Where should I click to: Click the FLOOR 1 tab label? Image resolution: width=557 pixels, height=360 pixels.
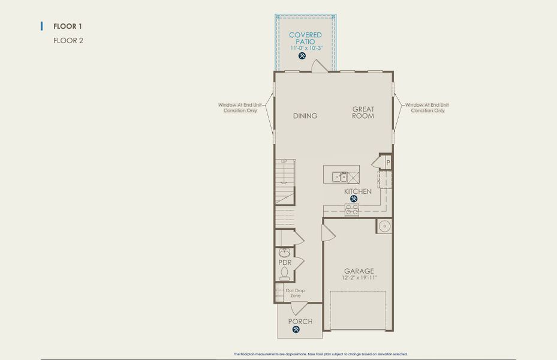click(67, 26)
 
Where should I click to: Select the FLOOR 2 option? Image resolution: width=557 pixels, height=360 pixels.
click(68, 41)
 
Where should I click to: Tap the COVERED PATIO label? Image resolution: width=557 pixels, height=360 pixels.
click(305, 38)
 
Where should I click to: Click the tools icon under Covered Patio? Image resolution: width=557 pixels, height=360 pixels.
click(302, 56)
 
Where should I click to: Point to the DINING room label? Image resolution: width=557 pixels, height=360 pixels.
click(305, 116)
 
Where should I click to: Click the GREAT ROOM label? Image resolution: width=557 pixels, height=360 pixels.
click(363, 112)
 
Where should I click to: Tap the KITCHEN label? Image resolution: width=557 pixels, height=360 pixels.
click(357, 191)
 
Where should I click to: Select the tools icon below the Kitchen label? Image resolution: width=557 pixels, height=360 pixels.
click(354, 199)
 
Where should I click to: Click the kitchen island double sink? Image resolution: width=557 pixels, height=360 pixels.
click(340, 177)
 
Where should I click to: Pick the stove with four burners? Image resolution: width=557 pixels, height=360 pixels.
click(352, 210)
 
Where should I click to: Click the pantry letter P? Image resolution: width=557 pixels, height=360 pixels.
click(388, 163)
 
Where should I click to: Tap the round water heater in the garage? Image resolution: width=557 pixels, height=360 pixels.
click(384, 226)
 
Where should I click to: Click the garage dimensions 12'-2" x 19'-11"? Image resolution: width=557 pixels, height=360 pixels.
click(359, 278)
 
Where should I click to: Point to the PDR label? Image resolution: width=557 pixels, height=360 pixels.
click(285, 263)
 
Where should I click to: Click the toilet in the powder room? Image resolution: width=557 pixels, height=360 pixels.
click(285, 274)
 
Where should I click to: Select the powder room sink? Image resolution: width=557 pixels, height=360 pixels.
click(285, 252)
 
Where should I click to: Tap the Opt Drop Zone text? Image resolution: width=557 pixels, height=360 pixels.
click(295, 293)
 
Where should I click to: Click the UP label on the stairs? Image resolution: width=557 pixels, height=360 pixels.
click(284, 161)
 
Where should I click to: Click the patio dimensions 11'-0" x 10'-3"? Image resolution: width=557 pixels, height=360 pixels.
click(305, 47)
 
